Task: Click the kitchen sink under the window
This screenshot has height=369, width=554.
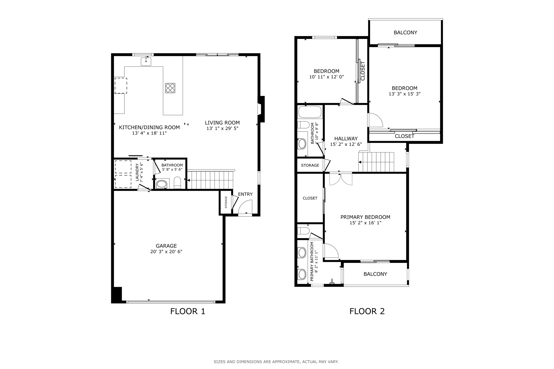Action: [146, 61]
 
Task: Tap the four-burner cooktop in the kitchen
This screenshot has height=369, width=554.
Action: [170, 88]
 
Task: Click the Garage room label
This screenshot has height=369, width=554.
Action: [166, 246]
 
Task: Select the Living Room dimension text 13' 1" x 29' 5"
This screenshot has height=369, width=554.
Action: [222, 128]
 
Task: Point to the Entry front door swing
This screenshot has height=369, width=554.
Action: [245, 207]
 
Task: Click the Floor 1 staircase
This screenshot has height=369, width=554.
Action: [210, 179]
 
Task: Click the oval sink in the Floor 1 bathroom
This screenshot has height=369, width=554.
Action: [162, 184]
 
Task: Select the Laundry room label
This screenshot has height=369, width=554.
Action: [137, 172]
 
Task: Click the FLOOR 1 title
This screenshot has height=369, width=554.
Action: [188, 311]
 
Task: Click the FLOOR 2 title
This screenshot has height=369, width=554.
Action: [367, 311]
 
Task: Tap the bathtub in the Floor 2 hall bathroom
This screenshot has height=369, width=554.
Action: [310, 112]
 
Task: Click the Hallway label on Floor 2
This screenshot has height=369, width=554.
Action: [346, 139]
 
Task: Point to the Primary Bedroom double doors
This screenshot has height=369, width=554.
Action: [341, 179]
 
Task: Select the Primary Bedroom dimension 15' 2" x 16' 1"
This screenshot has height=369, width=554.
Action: [365, 223]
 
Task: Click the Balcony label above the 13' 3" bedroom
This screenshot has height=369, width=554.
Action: [405, 32]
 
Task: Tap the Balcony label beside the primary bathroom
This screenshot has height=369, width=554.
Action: [375, 274]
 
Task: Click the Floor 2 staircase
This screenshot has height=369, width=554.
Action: [376, 162]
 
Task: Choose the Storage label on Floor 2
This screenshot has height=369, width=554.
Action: [310, 165]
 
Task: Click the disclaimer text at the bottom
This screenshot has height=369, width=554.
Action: [276, 362]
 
